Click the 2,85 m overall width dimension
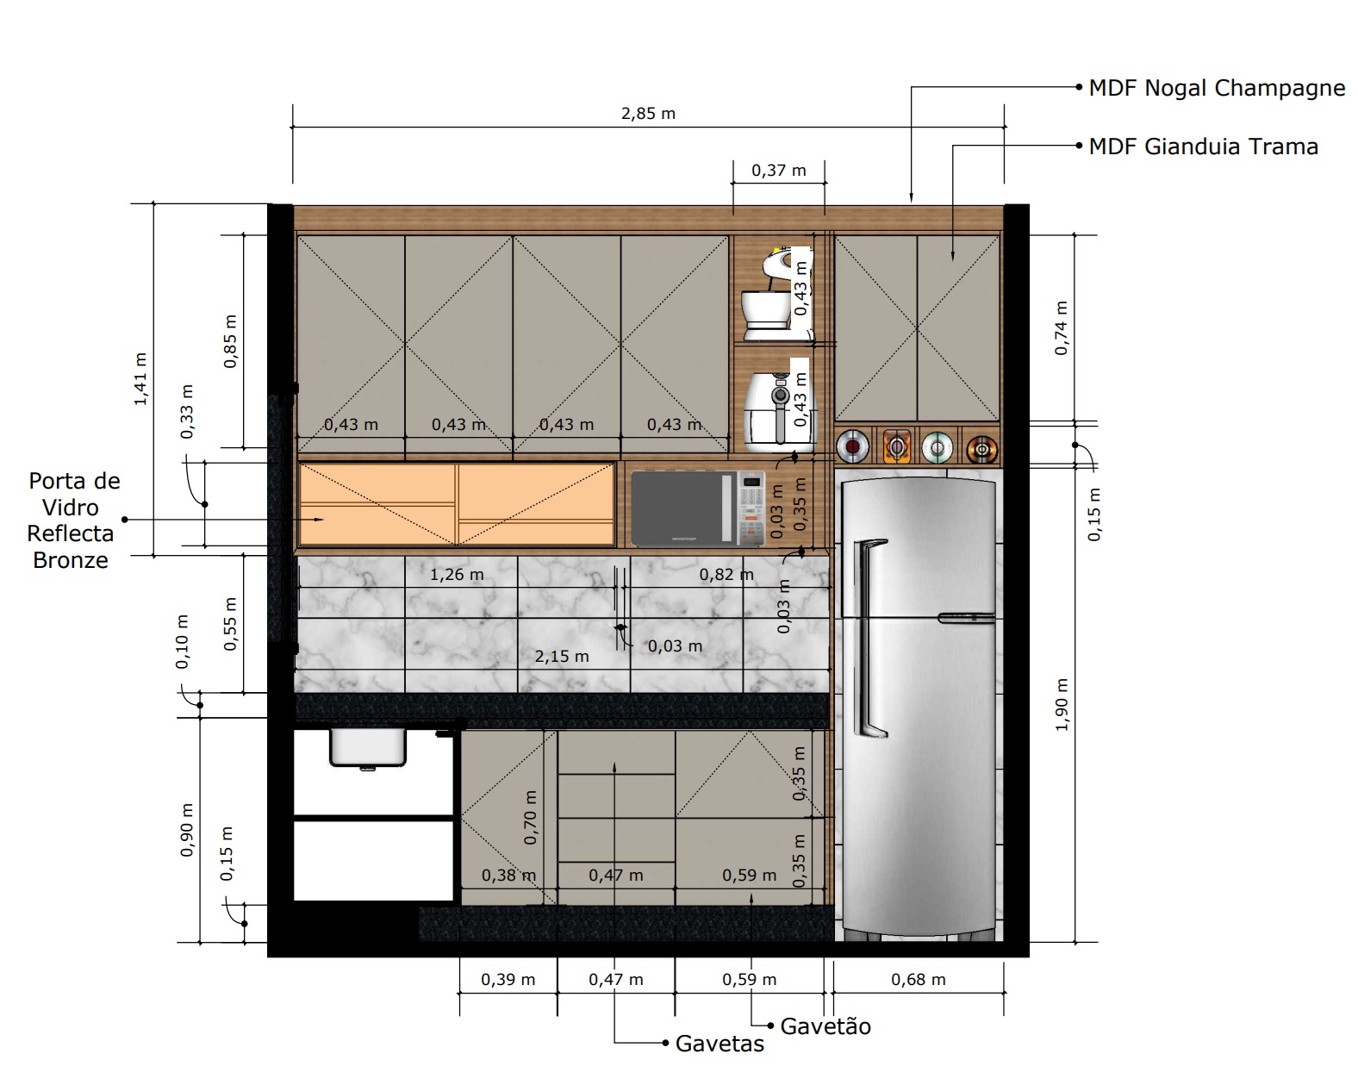pos(648,114)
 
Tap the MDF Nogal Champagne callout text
pos(1217,88)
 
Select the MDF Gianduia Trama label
pos(1204,147)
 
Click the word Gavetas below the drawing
pos(719,1044)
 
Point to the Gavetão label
pos(825,1026)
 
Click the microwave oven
pos(698,508)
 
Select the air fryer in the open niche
pos(780,410)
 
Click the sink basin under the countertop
pos(368,747)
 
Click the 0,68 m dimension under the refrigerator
pos(919,979)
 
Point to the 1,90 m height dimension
pos(1062,705)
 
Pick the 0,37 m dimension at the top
pos(779,171)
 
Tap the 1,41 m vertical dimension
pos(140,379)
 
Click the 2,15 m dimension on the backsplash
pos(562,657)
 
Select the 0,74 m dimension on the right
pos(1062,327)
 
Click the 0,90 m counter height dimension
pos(187,830)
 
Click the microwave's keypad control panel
pos(751,508)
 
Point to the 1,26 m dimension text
pos(457,575)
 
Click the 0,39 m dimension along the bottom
pos(508,979)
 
